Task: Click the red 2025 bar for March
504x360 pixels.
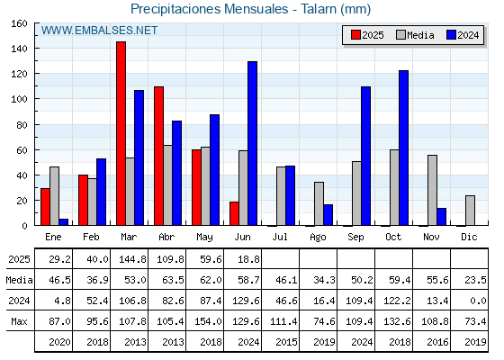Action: [x=121, y=133]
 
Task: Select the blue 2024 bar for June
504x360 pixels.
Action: [x=252, y=143]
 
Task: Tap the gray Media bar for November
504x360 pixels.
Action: [x=432, y=190]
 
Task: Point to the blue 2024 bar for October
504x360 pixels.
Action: [x=404, y=148]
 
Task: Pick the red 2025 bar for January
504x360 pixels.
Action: [x=45, y=207]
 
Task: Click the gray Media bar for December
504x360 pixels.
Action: [x=470, y=211]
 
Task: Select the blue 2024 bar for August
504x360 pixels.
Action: [x=328, y=215]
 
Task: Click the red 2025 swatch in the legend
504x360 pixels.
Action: [x=355, y=35]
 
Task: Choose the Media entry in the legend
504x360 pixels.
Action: [x=415, y=35]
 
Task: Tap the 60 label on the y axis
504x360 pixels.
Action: [x=22, y=150]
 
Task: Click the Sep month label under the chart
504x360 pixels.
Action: [x=355, y=237]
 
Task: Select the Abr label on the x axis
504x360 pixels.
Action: [x=166, y=237]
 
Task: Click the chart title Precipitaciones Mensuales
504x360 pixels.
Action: [x=209, y=9]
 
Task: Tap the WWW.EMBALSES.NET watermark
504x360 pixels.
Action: [x=99, y=31]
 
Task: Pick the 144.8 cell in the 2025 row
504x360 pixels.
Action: [x=133, y=259]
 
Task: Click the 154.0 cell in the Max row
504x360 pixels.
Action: [x=208, y=321]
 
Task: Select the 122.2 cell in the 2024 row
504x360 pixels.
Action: [x=397, y=301]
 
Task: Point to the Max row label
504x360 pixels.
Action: [x=19, y=321]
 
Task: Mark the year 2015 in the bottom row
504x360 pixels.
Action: [x=286, y=342]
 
